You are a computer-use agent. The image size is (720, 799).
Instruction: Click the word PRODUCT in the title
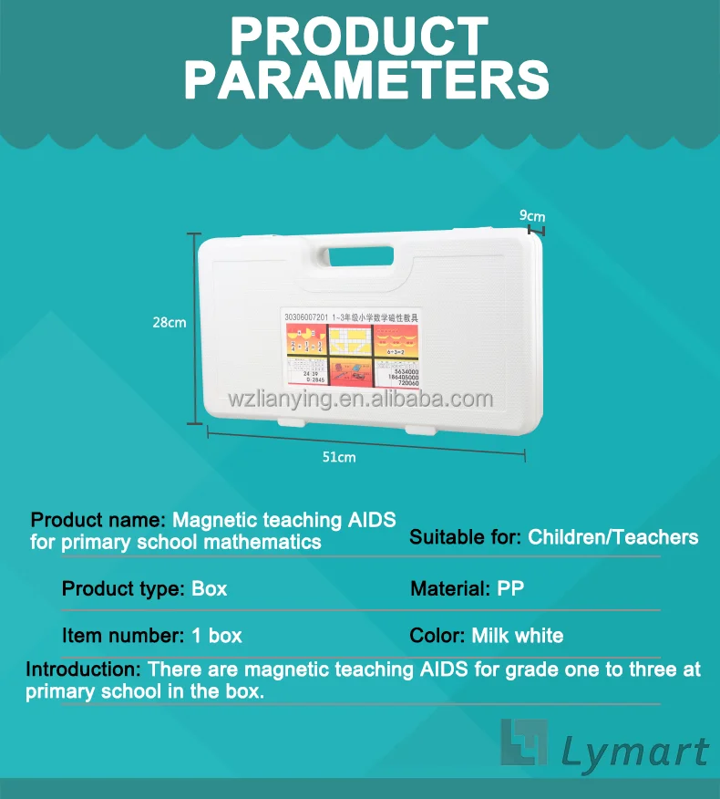point(359,37)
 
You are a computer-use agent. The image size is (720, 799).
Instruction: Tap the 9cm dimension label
point(532,215)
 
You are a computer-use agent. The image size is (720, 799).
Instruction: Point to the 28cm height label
point(170,322)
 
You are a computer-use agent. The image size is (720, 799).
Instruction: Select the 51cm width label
point(339,457)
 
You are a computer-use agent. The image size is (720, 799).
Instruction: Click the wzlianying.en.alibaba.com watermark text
point(360,399)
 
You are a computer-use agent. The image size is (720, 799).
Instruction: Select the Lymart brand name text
point(634,752)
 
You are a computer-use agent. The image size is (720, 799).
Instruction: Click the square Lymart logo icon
point(523,742)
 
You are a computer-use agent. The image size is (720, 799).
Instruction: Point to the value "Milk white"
point(518,636)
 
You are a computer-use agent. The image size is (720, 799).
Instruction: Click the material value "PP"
point(510,588)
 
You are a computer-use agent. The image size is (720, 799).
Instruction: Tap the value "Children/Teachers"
point(613,537)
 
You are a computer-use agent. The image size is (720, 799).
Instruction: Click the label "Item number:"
point(124,636)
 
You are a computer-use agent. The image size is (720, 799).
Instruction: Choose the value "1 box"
point(217,636)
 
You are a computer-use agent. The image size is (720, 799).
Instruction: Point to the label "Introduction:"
point(83,669)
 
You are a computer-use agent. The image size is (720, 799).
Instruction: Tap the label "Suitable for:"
point(466,537)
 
